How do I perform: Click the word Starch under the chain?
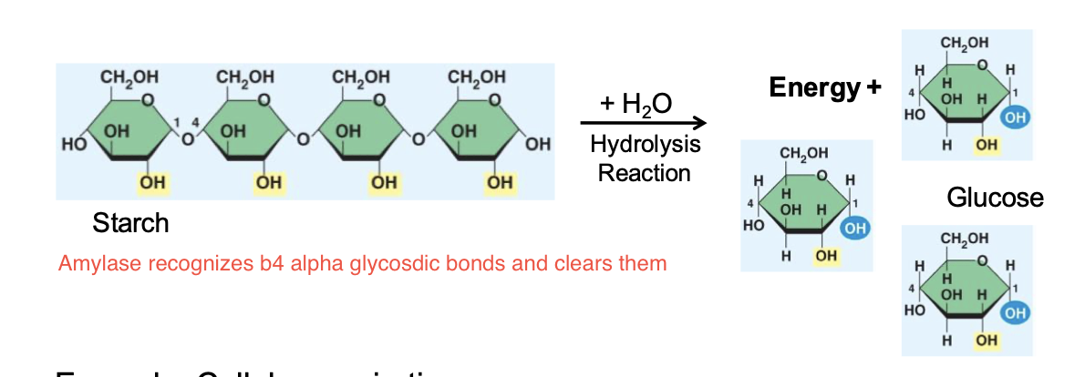(x=130, y=223)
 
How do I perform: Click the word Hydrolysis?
(x=645, y=146)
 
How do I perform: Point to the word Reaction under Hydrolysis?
(x=645, y=172)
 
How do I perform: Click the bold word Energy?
(x=814, y=88)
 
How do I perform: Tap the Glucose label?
(x=995, y=198)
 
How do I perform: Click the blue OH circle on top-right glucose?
(x=1014, y=118)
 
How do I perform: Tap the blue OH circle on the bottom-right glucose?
(x=1014, y=312)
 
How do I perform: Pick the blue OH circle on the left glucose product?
(x=853, y=229)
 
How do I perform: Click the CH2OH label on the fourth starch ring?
(x=478, y=76)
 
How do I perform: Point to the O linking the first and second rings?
(x=187, y=142)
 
